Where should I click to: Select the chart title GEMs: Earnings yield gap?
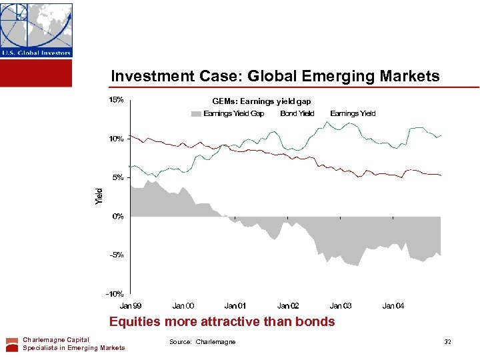261,101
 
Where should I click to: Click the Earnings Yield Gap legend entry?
233,113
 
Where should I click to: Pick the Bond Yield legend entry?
297,113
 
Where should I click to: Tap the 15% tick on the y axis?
116,100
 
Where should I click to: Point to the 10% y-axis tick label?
116,139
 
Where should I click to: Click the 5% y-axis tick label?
118,177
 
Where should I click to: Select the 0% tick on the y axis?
118,216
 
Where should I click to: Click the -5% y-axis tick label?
117,255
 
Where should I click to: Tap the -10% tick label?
115,293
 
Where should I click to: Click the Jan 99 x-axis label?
131,305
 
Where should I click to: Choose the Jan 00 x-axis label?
183,305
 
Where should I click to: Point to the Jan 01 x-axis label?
235,305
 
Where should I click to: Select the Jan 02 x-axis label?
288,305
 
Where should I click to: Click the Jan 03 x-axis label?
341,305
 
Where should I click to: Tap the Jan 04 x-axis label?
393,305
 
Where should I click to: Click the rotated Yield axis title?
99,195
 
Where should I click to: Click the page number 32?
448,342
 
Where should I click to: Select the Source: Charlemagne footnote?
203,342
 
